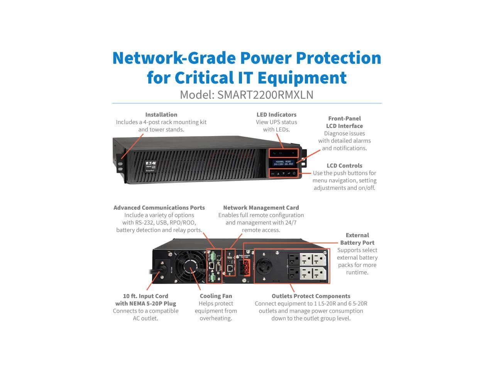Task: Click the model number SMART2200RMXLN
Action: (x=265, y=95)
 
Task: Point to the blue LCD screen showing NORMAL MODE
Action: (x=284, y=162)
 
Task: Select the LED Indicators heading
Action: (x=276, y=115)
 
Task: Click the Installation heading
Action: (x=161, y=115)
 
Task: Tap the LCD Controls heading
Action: (x=344, y=166)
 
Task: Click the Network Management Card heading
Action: (x=261, y=208)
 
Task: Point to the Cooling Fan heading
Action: (x=216, y=296)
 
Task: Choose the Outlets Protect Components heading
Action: (x=311, y=296)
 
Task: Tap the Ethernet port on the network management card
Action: (x=230, y=267)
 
